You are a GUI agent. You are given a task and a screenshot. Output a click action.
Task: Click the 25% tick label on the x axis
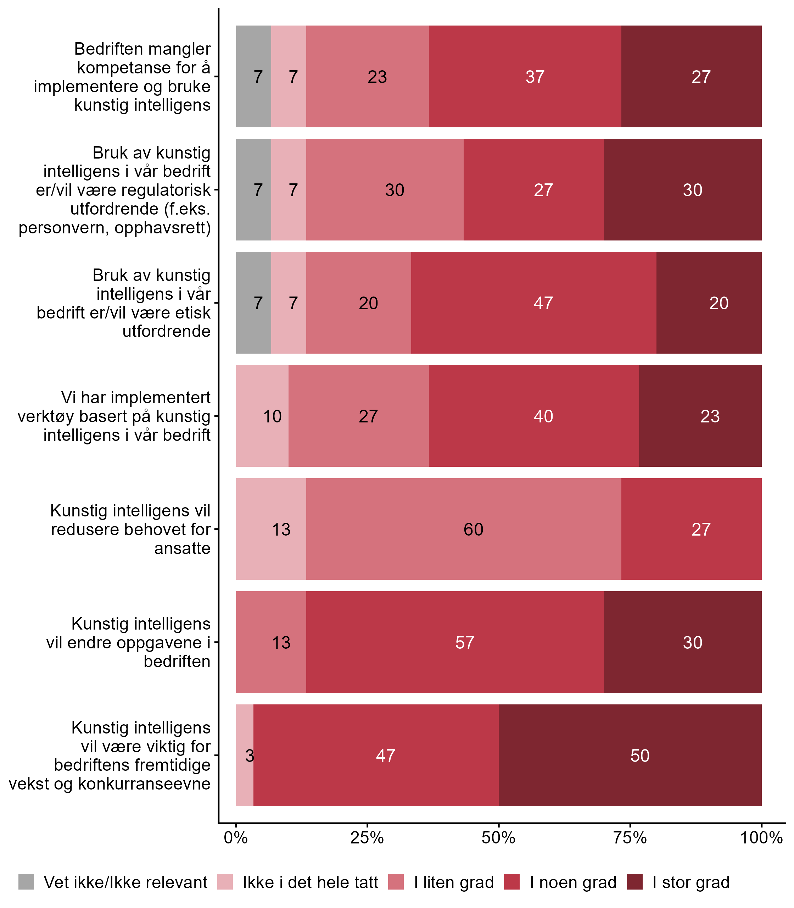(x=367, y=837)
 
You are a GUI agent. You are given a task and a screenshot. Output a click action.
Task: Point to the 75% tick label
(x=630, y=837)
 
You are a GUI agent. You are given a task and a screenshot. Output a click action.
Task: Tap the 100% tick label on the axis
(x=761, y=837)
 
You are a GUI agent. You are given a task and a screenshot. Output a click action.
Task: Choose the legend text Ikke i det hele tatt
(x=310, y=882)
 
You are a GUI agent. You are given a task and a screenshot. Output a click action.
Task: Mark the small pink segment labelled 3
(x=245, y=755)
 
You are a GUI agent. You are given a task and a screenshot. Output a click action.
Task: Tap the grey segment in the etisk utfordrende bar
(x=253, y=303)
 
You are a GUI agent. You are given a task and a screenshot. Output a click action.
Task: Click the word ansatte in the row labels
(x=182, y=548)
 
